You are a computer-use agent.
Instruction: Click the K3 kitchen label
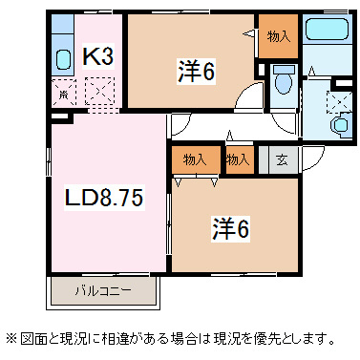97,57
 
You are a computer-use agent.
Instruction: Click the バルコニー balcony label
100,289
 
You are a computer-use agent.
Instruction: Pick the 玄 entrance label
283,159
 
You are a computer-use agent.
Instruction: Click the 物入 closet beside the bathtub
278,37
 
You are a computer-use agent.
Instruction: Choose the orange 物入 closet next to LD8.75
195,159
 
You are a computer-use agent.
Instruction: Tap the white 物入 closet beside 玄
238,159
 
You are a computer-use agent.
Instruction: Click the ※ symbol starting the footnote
11,338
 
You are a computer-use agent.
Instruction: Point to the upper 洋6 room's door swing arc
249,95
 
